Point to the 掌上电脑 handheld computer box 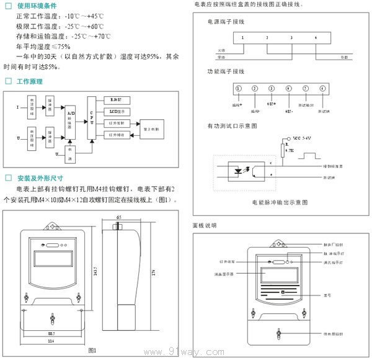coord(153,128)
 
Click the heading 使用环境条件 coord(38,5)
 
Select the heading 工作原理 coord(30,81)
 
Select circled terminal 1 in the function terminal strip coord(238,89)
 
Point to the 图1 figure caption coord(92,351)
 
